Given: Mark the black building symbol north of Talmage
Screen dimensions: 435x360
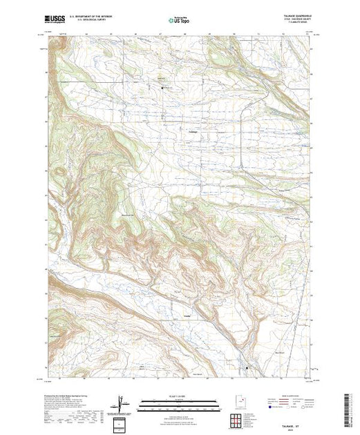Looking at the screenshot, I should point(163,88).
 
